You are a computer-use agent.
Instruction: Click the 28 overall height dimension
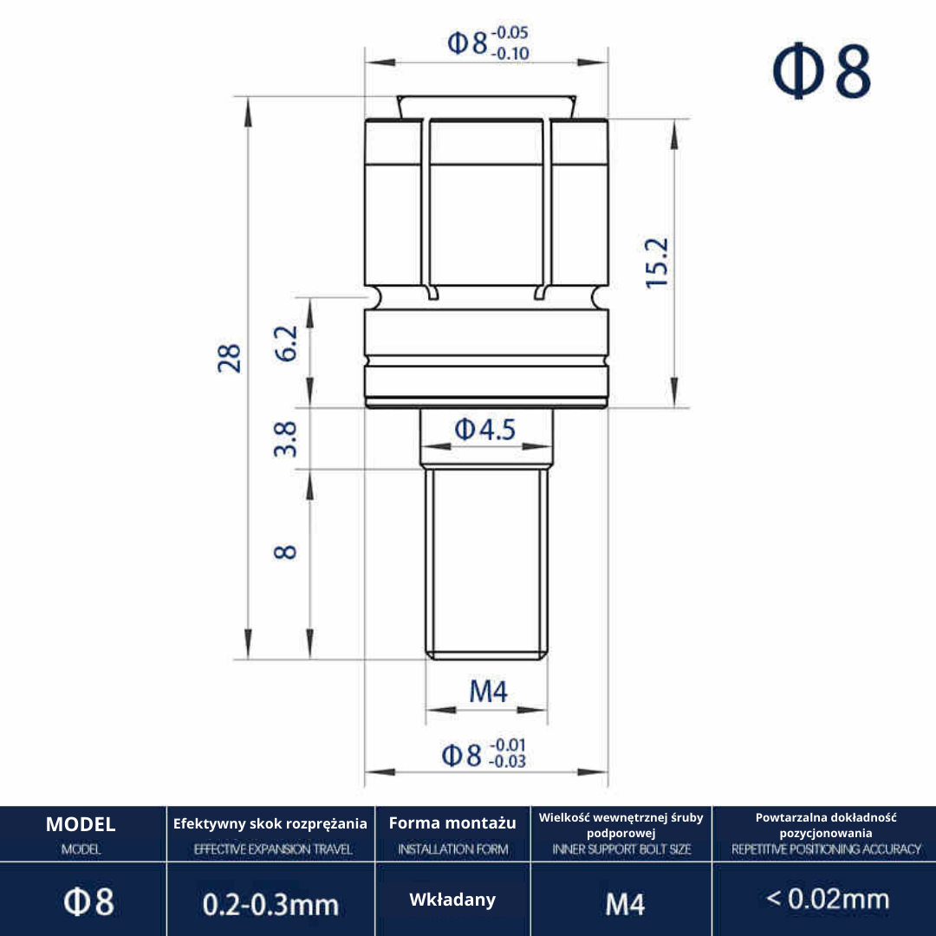tap(230, 358)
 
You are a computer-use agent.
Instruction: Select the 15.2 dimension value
tap(658, 263)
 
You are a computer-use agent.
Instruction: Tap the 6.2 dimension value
tap(286, 343)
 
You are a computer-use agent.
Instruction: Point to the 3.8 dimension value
tap(285, 439)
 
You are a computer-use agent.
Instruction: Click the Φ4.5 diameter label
tap(484, 429)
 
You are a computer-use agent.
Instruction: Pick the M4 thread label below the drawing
tap(488, 692)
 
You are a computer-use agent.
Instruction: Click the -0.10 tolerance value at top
tap(510, 54)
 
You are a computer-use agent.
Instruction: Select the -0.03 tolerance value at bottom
tap(507, 762)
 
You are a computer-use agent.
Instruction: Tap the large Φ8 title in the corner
tap(822, 72)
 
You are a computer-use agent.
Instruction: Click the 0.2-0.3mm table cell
tap(270, 904)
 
